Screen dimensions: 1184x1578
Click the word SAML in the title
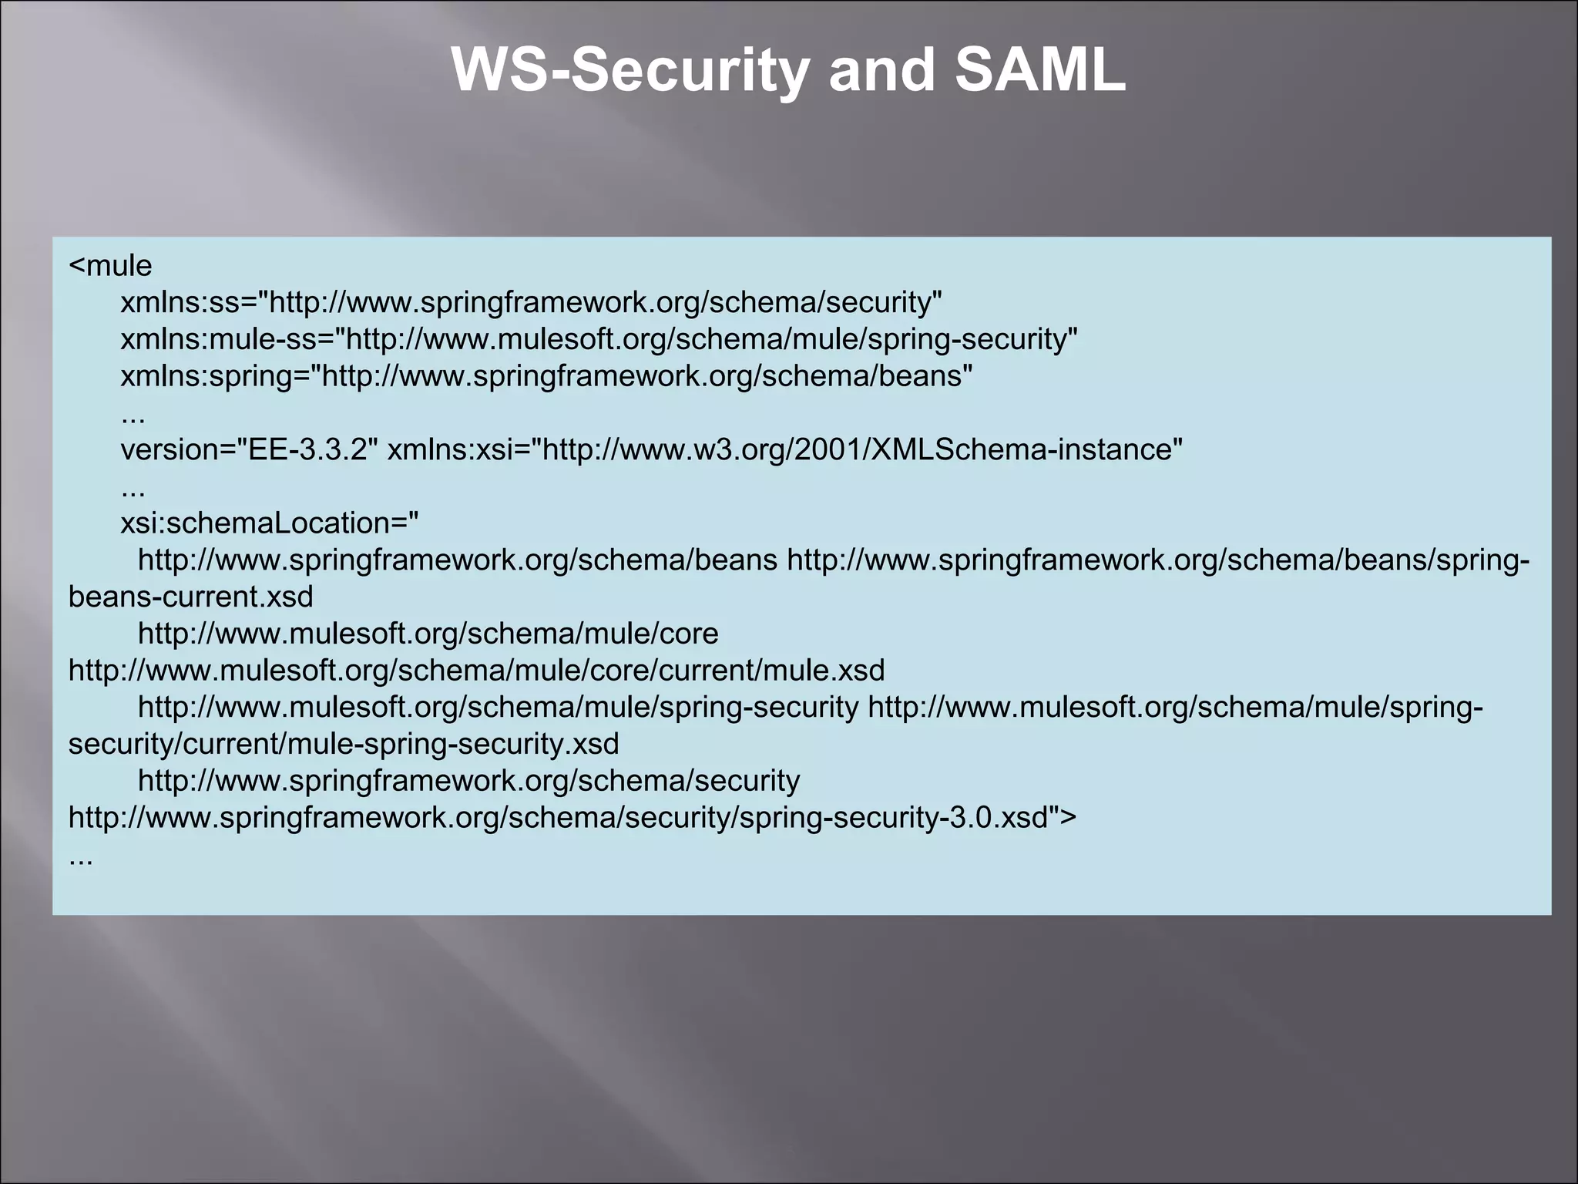(1039, 70)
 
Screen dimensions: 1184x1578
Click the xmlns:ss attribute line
(531, 302)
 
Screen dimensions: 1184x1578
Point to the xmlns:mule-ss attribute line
(599, 339)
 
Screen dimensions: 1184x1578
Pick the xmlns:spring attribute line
(546, 376)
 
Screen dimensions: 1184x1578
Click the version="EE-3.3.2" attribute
(249, 449)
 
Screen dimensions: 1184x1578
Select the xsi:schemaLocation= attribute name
(269, 523)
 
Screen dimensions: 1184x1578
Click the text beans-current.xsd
(190, 597)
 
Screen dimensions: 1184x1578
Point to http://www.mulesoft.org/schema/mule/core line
(428, 634)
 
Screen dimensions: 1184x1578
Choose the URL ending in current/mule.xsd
(476, 671)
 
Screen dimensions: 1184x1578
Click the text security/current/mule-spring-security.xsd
(344, 744)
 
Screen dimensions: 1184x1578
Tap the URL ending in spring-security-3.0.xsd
(559, 817)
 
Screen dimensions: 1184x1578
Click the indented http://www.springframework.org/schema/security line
(468, 781)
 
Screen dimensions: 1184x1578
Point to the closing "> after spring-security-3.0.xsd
(1063, 817)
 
